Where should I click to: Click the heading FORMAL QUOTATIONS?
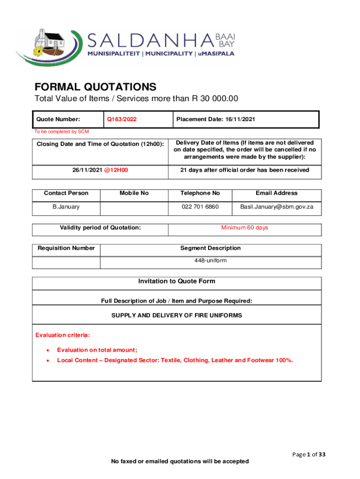click(x=95, y=87)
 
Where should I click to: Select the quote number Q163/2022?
click(x=122, y=119)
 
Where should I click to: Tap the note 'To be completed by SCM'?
click(x=62, y=131)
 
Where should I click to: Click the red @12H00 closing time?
click(x=116, y=170)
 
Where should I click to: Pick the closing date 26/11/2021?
click(x=85, y=170)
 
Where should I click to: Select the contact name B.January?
click(x=66, y=207)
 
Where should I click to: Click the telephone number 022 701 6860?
click(x=200, y=207)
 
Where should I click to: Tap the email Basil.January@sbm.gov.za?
click(x=276, y=207)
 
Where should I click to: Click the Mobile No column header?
click(x=134, y=193)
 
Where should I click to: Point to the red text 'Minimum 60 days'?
click(x=245, y=228)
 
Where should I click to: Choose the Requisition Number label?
click(x=66, y=248)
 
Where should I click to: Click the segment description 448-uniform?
click(x=210, y=260)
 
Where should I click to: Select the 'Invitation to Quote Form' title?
click(x=177, y=281)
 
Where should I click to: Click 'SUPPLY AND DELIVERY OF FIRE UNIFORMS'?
click(x=177, y=316)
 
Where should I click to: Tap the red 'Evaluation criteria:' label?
click(x=63, y=335)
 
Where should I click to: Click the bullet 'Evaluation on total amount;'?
click(x=97, y=350)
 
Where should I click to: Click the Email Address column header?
click(x=276, y=193)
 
